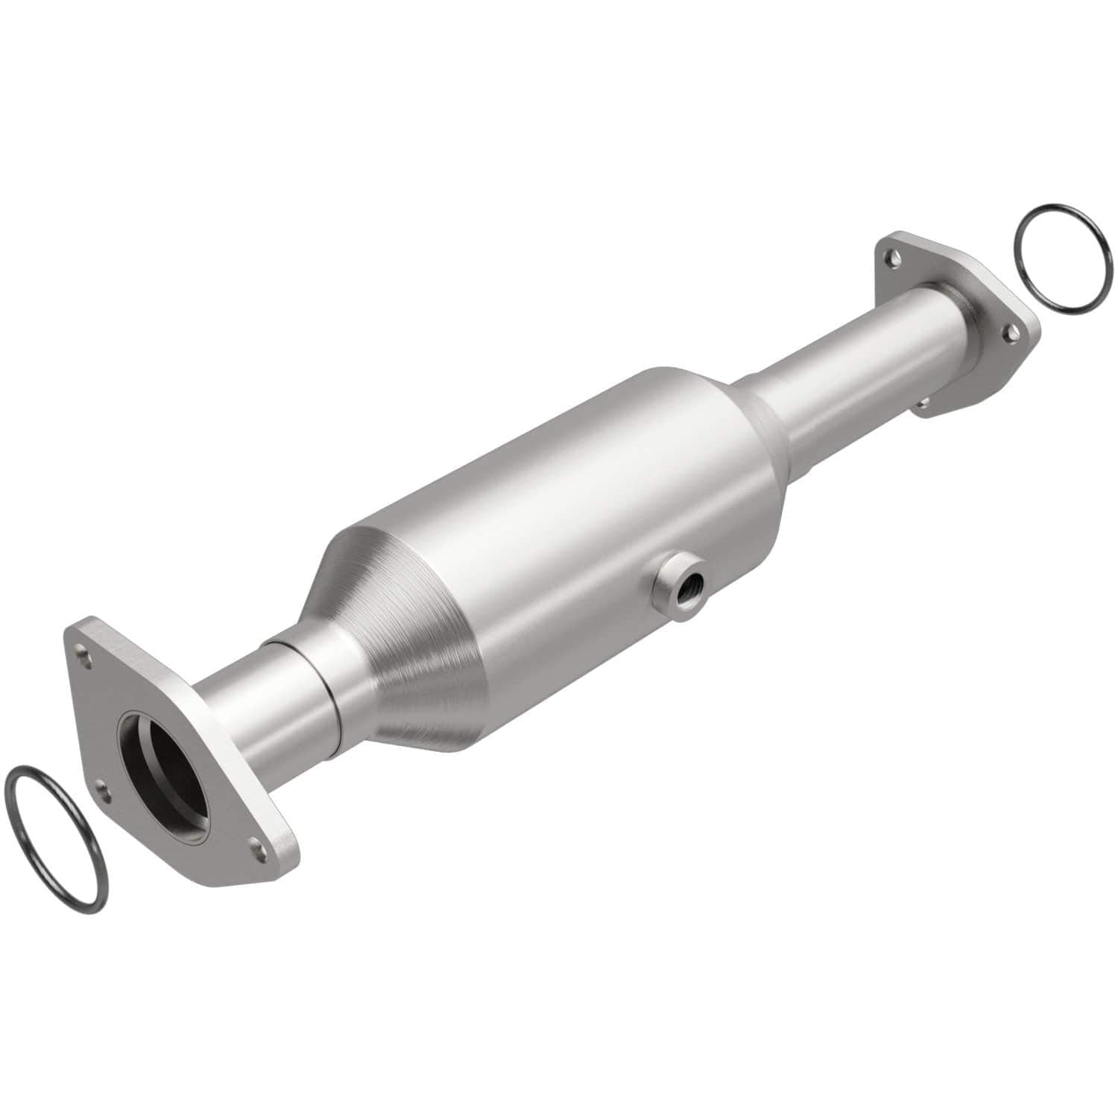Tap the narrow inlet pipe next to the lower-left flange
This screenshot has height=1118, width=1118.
click(246, 708)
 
